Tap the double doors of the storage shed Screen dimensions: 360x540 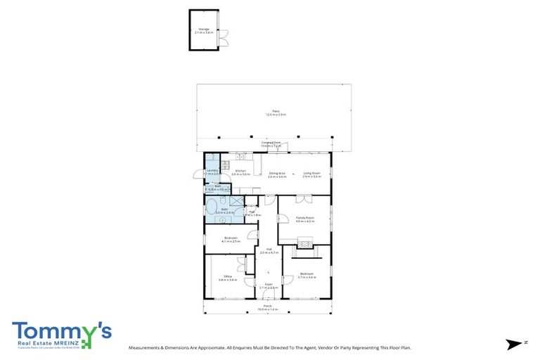[x=223, y=38]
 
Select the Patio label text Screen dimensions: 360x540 [x=276, y=112]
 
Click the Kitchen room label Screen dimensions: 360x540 [x=240, y=172]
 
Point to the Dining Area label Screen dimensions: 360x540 [x=277, y=174]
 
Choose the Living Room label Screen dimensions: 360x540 [x=311, y=174]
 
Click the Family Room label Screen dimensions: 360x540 [x=304, y=219]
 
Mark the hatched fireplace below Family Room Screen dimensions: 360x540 [x=304, y=243]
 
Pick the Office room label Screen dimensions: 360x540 [x=228, y=278]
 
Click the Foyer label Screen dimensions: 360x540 [x=269, y=286]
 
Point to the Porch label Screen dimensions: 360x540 [x=268, y=307]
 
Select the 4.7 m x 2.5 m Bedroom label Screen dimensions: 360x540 [x=231, y=239]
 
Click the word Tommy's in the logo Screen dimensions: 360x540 [x=60, y=330]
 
